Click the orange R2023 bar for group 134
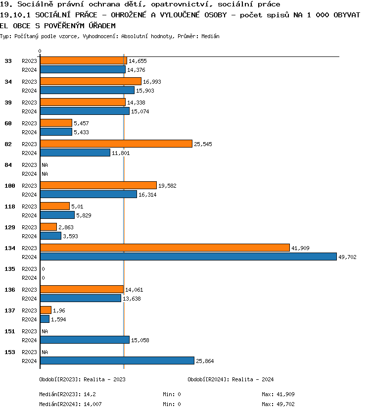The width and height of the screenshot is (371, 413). (x=165, y=248)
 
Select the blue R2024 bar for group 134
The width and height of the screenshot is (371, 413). (x=188, y=257)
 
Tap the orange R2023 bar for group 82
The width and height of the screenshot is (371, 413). (x=116, y=144)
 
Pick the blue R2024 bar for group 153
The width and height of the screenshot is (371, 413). (x=117, y=361)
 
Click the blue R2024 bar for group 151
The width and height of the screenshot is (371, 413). (x=85, y=340)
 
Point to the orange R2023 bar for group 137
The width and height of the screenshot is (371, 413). (x=46, y=310)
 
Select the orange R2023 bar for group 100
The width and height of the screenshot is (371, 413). (x=98, y=185)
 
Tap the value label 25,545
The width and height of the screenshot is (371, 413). (x=202, y=144)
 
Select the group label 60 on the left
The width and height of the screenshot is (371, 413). (x=8, y=123)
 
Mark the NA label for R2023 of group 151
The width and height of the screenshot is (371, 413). (x=45, y=331)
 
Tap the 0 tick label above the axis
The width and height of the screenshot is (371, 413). (x=40, y=51)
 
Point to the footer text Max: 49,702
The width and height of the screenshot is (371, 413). (x=278, y=404)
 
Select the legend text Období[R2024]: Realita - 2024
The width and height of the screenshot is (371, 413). (x=231, y=379)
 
